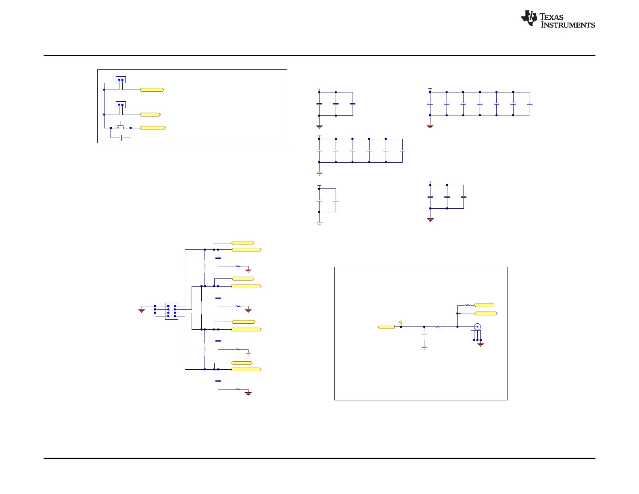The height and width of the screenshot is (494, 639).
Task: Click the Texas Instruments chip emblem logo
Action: coord(529,18)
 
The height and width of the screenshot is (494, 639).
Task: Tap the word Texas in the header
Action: coord(551,17)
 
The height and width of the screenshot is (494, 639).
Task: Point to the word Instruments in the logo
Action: coord(568,25)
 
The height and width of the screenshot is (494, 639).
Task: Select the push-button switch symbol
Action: coord(121,126)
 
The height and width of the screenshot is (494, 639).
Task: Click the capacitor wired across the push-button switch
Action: coord(121,138)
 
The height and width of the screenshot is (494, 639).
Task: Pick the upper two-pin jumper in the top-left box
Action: coord(121,80)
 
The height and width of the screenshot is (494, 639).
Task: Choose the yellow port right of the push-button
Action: coord(153,128)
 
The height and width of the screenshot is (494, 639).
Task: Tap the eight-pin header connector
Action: coord(171,311)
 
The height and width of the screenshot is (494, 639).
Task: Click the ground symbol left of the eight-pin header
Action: coord(142,310)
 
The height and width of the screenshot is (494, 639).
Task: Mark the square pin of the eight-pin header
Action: coord(168,306)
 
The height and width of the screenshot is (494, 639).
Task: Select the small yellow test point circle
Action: coord(401,322)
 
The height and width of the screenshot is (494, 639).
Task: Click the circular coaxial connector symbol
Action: coord(477,327)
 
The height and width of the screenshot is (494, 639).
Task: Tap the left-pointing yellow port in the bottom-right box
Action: coord(386,327)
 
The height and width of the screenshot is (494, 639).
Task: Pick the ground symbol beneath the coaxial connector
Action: coord(481,345)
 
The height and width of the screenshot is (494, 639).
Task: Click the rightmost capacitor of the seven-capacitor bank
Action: coord(530,104)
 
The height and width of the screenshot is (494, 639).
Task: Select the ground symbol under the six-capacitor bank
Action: coord(319,173)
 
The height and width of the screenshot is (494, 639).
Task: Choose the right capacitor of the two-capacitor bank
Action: coord(336,201)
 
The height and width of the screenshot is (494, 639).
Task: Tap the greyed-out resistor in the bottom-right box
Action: coord(467,313)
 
